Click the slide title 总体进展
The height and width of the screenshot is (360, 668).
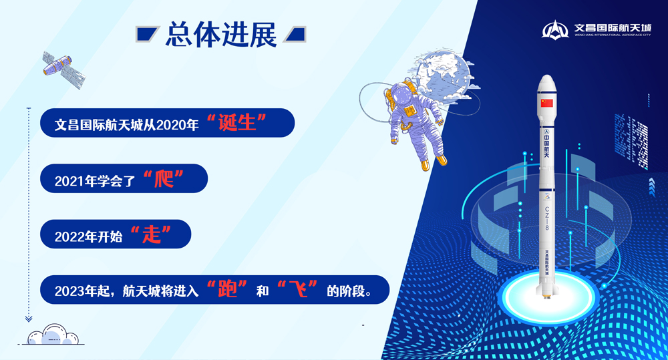[x=220, y=35]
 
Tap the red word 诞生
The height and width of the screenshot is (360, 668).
[x=237, y=124]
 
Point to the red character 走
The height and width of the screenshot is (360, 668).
[x=152, y=235]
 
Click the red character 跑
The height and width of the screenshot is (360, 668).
[x=228, y=291]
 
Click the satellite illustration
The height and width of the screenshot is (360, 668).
[x=64, y=69]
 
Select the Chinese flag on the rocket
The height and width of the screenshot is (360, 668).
[x=547, y=102]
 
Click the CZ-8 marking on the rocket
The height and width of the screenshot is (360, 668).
[x=547, y=217]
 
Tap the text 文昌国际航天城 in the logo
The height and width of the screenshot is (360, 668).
[x=612, y=28]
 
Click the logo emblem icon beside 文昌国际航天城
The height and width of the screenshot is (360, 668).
[x=555, y=30]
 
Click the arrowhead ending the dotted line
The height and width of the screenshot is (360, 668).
[x=29, y=319]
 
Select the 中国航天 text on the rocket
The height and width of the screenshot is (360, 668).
[x=547, y=142]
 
